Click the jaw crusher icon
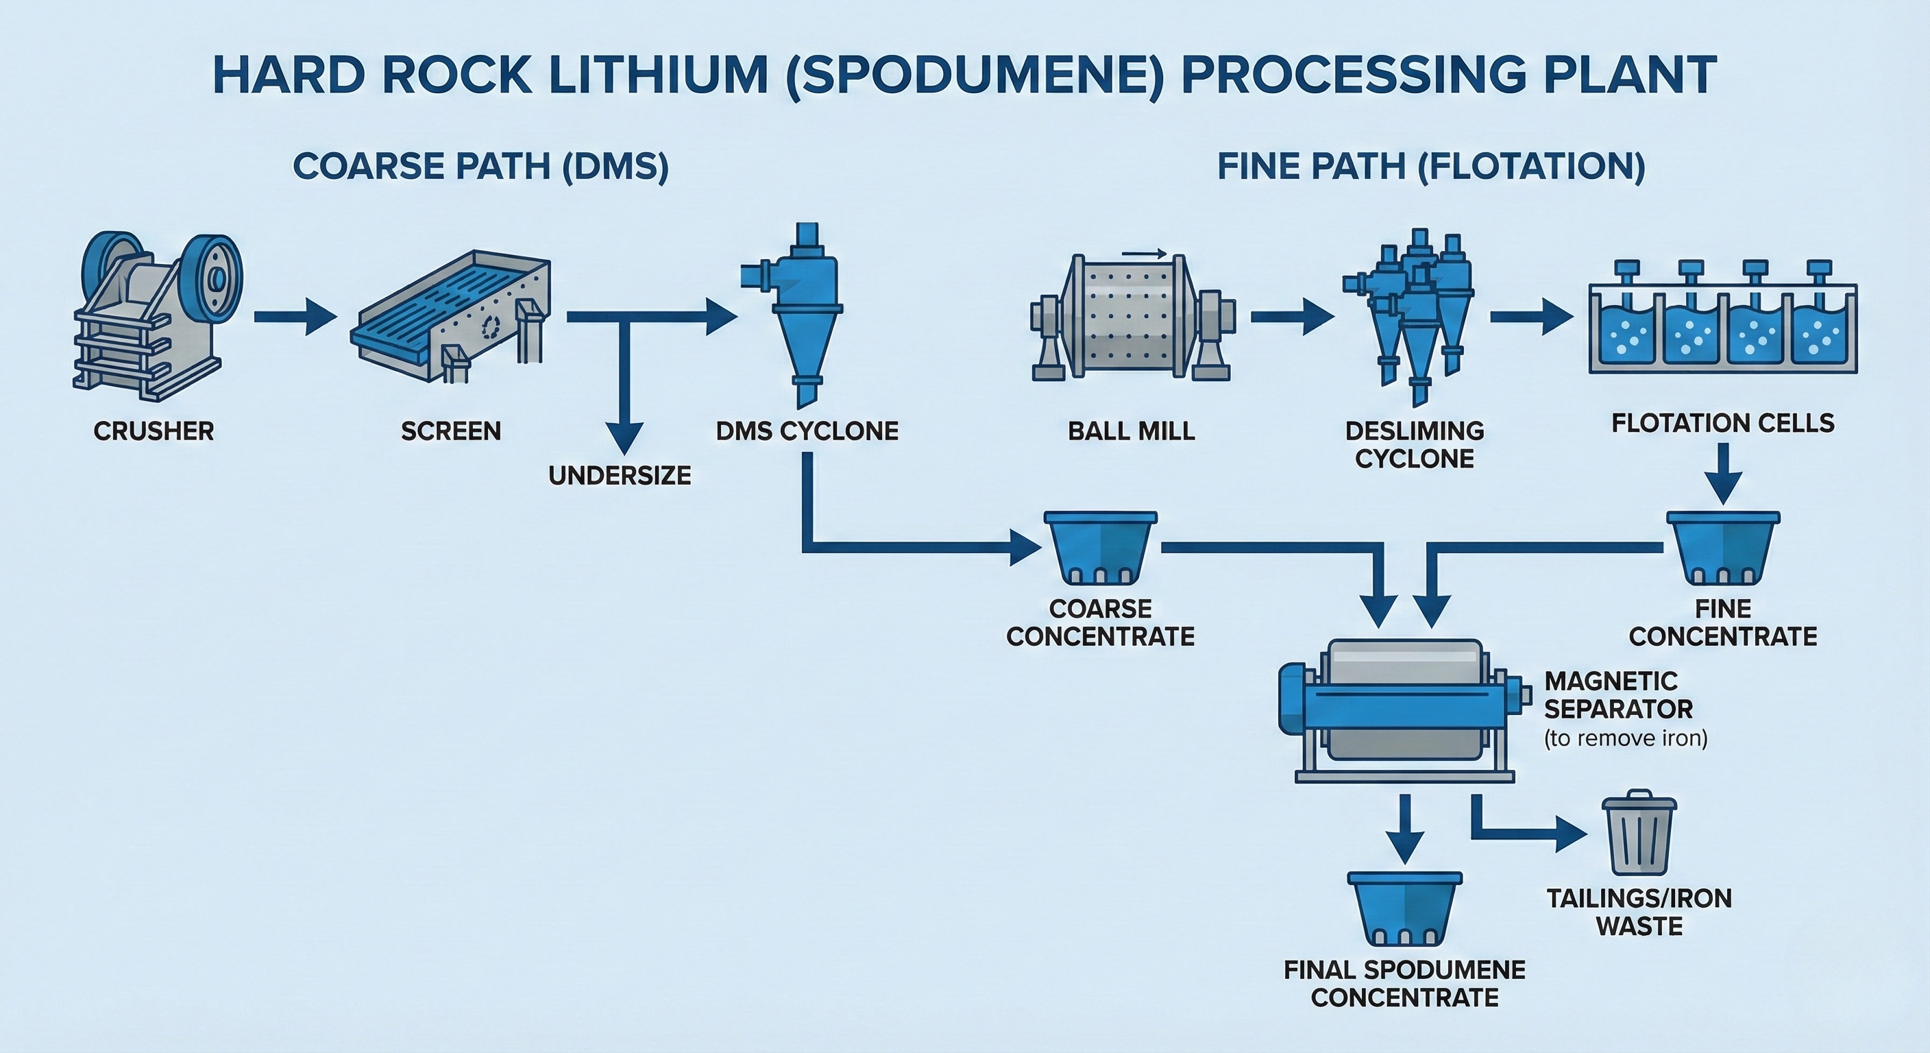(x=158, y=311)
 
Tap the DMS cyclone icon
(x=798, y=315)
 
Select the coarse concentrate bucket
(x=1100, y=547)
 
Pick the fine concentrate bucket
(x=1722, y=547)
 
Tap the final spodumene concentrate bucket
(x=1404, y=907)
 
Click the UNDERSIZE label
(x=620, y=475)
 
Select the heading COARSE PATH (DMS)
(x=480, y=166)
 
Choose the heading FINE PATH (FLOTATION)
(x=1430, y=166)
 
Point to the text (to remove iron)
(x=1625, y=738)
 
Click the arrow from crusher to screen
(x=295, y=317)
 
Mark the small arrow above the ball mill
(x=1144, y=254)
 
